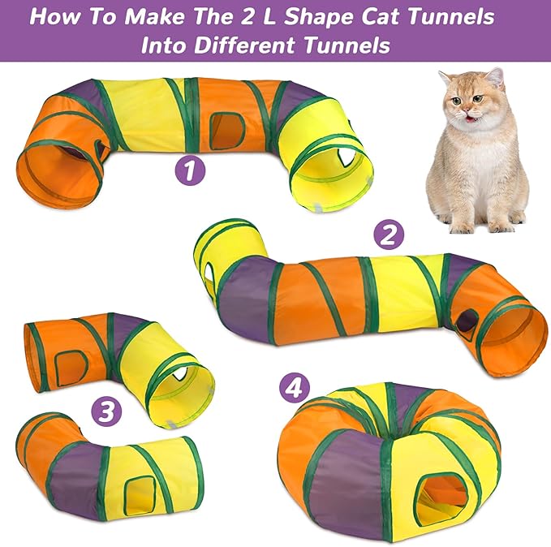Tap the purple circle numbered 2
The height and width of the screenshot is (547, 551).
pyautogui.click(x=389, y=235)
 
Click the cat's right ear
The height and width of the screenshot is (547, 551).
pyautogui.click(x=446, y=80)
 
